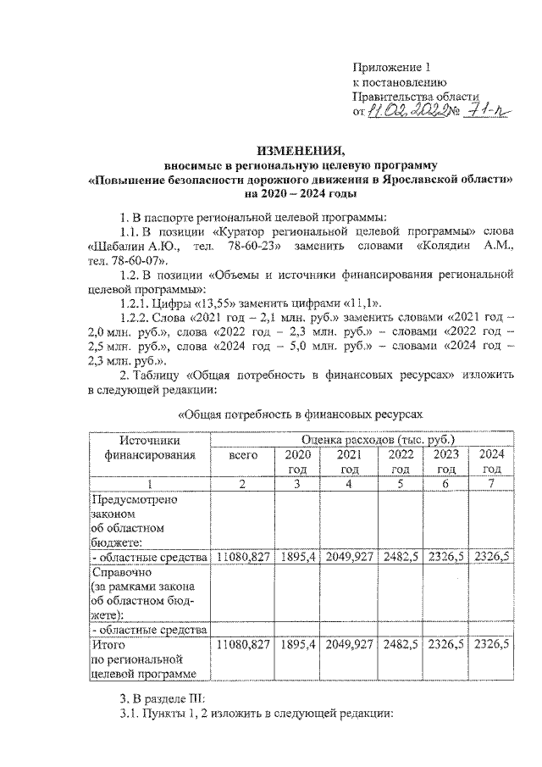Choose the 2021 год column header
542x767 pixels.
click(349, 462)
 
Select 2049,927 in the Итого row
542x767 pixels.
click(349, 645)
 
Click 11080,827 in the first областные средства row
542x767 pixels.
click(242, 557)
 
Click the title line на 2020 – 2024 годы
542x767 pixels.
click(302, 193)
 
